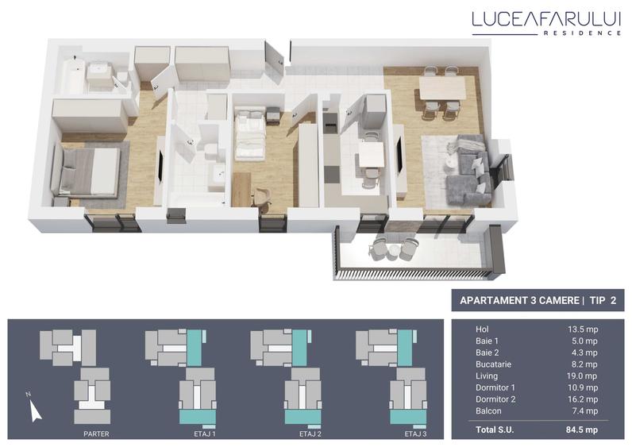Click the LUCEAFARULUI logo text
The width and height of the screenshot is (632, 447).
(x=545, y=18)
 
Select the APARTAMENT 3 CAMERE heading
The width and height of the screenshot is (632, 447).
(x=515, y=301)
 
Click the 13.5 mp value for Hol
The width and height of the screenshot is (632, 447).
(x=583, y=329)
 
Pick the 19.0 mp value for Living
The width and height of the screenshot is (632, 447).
(x=583, y=376)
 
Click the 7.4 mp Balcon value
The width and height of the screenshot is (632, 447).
(x=585, y=411)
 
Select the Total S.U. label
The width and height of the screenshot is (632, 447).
(x=498, y=431)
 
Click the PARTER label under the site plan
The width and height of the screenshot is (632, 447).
(x=96, y=434)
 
